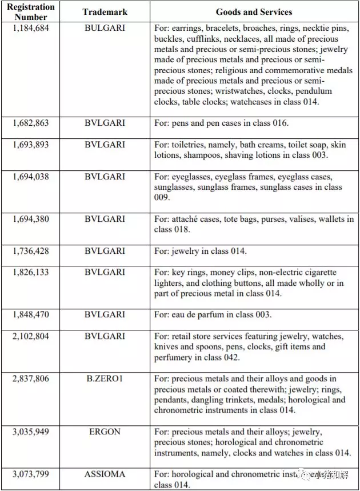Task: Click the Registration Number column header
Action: point(31,12)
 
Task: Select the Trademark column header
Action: point(105,12)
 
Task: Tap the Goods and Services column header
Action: point(254,12)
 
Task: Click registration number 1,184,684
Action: point(31,27)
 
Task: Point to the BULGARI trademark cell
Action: point(105,27)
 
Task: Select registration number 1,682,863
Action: point(31,123)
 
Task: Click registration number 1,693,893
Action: point(31,144)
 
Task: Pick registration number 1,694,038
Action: point(31,177)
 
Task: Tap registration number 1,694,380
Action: point(31,219)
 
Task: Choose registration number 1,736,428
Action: point(31,251)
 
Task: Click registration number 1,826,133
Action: point(31,272)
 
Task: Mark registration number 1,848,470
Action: point(31,315)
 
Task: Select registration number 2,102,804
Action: point(31,336)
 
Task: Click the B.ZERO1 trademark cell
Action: point(105,378)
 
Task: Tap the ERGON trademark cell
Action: point(105,432)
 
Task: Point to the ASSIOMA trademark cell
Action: point(105,474)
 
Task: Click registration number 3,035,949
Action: point(31,432)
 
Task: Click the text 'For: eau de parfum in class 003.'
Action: point(213,315)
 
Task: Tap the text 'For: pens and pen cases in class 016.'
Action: point(221,123)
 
